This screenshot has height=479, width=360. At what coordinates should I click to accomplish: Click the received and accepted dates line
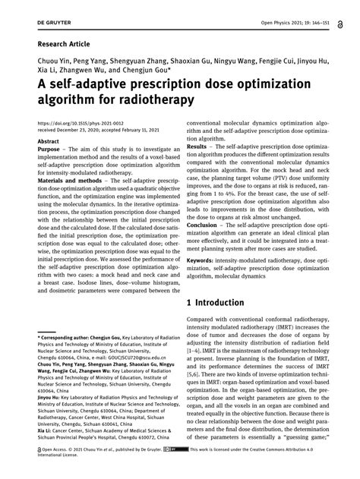coord(91,129)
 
